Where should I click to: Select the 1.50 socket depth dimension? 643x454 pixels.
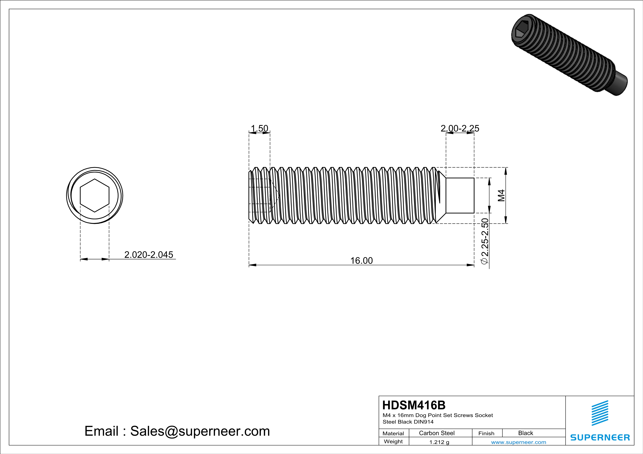259,128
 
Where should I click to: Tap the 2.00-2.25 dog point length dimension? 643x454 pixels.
460,128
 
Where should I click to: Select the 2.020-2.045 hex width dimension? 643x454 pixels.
149,255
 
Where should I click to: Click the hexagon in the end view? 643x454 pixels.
95,195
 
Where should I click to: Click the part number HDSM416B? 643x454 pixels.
414,405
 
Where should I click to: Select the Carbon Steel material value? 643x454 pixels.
437,433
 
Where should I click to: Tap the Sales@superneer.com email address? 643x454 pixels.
200,431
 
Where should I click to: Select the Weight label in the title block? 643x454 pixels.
393,441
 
